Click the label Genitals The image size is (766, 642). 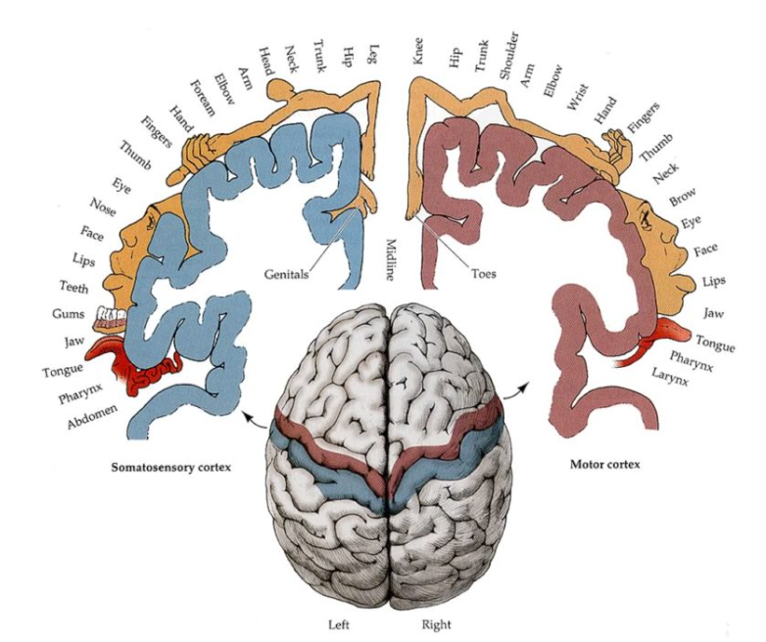[x=285, y=275]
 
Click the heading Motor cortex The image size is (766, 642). [x=604, y=463]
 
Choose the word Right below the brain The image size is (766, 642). [x=436, y=623]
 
